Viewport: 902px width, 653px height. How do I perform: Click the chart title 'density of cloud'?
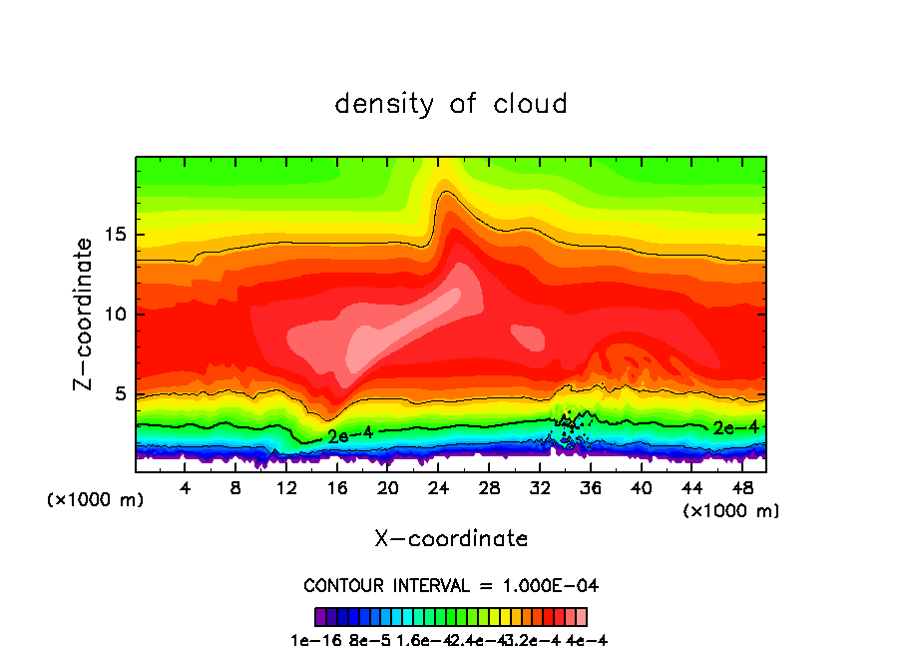(x=451, y=104)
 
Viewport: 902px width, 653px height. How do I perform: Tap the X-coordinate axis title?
(x=451, y=539)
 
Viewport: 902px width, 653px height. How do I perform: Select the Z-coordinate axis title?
(x=86, y=314)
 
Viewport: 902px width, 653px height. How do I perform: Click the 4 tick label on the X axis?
(x=185, y=488)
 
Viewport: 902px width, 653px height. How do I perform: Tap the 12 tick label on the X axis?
(x=286, y=488)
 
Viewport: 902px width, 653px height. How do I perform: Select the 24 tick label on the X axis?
(x=438, y=488)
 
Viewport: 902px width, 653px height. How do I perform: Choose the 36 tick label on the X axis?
(x=590, y=488)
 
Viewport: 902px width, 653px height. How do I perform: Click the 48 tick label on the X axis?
(x=741, y=488)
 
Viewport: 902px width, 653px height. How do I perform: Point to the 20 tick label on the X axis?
(x=387, y=488)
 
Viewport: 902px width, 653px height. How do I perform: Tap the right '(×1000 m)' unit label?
(x=731, y=511)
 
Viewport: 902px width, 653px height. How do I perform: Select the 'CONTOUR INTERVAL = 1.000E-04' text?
(x=451, y=585)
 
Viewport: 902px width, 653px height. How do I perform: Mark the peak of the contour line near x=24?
(x=444, y=192)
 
